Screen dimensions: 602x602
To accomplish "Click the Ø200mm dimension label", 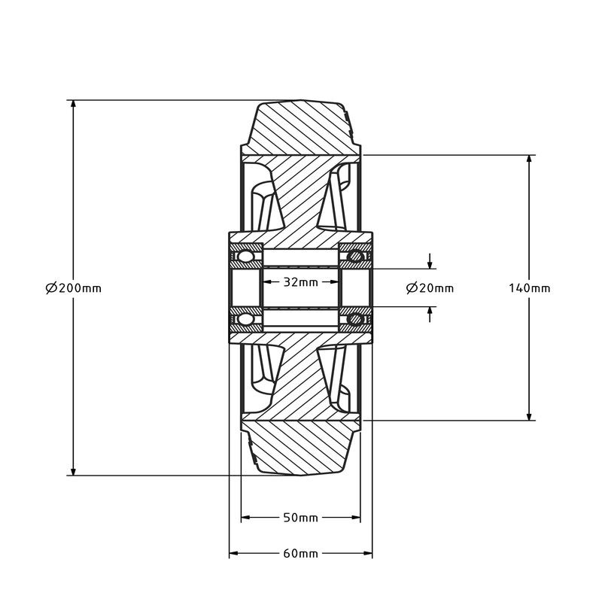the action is coord(73,287).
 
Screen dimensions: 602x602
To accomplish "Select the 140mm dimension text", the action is coord(530,288).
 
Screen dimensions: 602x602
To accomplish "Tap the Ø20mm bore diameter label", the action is coord(430,288).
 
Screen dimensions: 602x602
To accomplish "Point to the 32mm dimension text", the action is coord(301,282).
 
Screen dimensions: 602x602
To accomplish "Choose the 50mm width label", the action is coord(300,518).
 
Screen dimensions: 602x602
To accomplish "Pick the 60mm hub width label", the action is coord(300,554).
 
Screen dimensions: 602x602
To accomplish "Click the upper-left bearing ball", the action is coord(245,256).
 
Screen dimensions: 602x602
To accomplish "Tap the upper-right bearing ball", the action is coord(355,256).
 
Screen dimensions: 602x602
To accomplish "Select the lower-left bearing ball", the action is coord(245,319).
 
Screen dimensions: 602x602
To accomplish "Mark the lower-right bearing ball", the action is coord(355,319).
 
